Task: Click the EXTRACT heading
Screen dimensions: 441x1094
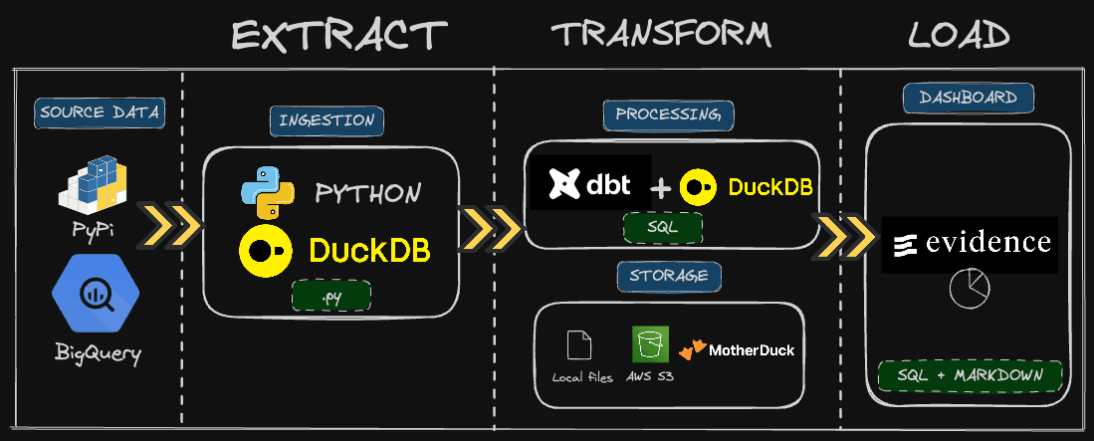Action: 339,36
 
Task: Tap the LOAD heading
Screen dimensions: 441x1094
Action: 959,36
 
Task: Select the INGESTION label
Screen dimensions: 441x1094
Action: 328,120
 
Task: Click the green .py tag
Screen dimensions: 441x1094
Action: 330,296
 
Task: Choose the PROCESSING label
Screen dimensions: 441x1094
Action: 668,114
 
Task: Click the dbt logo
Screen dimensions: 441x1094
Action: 590,183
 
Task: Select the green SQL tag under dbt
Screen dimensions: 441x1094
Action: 662,228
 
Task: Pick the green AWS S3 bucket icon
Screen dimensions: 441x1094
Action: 649,344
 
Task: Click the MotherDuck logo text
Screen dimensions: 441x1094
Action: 751,349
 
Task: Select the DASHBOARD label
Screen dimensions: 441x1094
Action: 968,98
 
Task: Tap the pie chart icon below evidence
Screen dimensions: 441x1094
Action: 966,289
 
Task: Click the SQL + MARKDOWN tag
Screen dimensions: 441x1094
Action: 970,375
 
